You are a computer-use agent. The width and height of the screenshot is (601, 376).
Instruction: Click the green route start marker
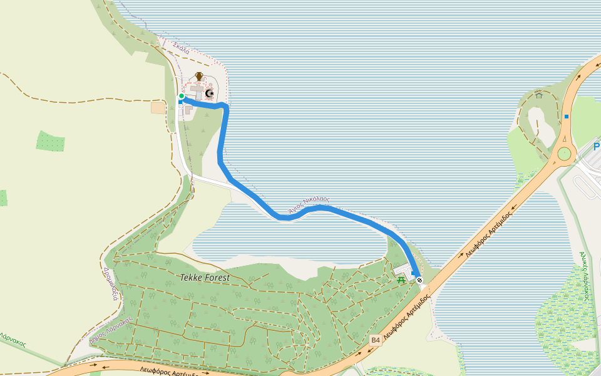click(x=182, y=96)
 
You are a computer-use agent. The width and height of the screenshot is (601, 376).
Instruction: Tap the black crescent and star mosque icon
click(x=210, y=93)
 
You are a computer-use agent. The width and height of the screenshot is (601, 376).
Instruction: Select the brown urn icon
click(x=199, y=76)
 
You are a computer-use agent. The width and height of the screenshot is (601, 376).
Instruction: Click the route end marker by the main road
click(x=419, y=280)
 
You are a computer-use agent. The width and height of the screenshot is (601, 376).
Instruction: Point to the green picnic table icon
click(x=401, y=279)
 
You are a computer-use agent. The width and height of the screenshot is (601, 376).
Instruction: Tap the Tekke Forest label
click(x=205, y=277)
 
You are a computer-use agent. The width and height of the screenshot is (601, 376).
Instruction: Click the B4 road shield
click(x=375, y=340)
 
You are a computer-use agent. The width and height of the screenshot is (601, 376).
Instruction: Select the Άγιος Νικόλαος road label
click(x=309, y=206)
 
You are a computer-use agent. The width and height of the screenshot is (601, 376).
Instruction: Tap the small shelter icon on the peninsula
click(x=539, y=95)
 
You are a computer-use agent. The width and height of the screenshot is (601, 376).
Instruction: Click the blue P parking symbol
click(x=597, y=147)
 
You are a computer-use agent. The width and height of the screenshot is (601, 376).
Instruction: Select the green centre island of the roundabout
click(x=565, y=154)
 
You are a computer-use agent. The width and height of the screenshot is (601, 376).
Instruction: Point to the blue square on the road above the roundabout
click(x=567, y=117)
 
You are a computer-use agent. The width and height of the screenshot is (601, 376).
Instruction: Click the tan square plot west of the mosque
click(x=158, y=108)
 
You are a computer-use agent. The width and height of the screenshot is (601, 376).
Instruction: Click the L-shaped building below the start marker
click(x=188, y=110)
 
